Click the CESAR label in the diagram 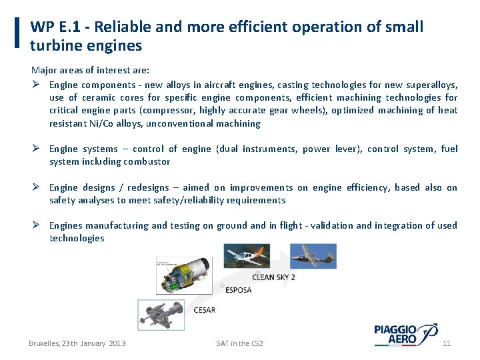pos(204,310)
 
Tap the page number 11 pos(447,343)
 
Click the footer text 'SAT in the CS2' pos(239,343)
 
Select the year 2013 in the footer pos(116,343)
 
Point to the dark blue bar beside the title pos(17,33)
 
